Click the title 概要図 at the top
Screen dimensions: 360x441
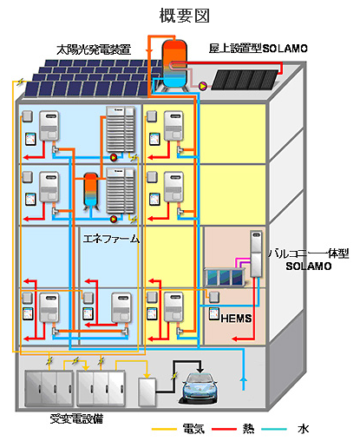pyautogui.click(x=184, y=16)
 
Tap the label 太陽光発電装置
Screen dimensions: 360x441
pyautogui.click(x=94, y=49)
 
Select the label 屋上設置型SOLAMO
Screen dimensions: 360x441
pyautogui.click(x=258, y=49)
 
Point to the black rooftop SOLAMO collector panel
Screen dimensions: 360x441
pyautogui.click(x=245, y=79)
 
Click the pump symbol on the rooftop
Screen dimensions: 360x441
pyautogui.click(x=203, y=86)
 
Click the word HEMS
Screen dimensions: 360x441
pyautogui.click(x=236, y=319)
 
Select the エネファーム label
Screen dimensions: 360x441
pyautogui.click(x=111, y=239)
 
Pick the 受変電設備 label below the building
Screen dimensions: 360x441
pyautogui.click(x=76, y=418)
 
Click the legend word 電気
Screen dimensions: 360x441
pyautogui.click(x=193, y=429)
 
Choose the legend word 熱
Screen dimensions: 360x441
pyautogui.click(x=248, y=429)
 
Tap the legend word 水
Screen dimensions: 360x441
pyautogui.click(x=304, y=429)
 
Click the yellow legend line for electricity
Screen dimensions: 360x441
pyautogui.click(x=164, y=429)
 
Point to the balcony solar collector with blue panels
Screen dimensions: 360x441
pyautogui.click(x=225, y=277)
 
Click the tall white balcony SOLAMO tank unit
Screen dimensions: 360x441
pyautogui.click(x=256, y=253)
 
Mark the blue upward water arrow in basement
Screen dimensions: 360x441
pyautogui.click(x=244, y=384)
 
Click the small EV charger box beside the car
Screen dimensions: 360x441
pyautogui.click(x=147, y=392)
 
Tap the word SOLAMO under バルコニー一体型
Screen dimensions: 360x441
pyautogui.click(x=309, y=267)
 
